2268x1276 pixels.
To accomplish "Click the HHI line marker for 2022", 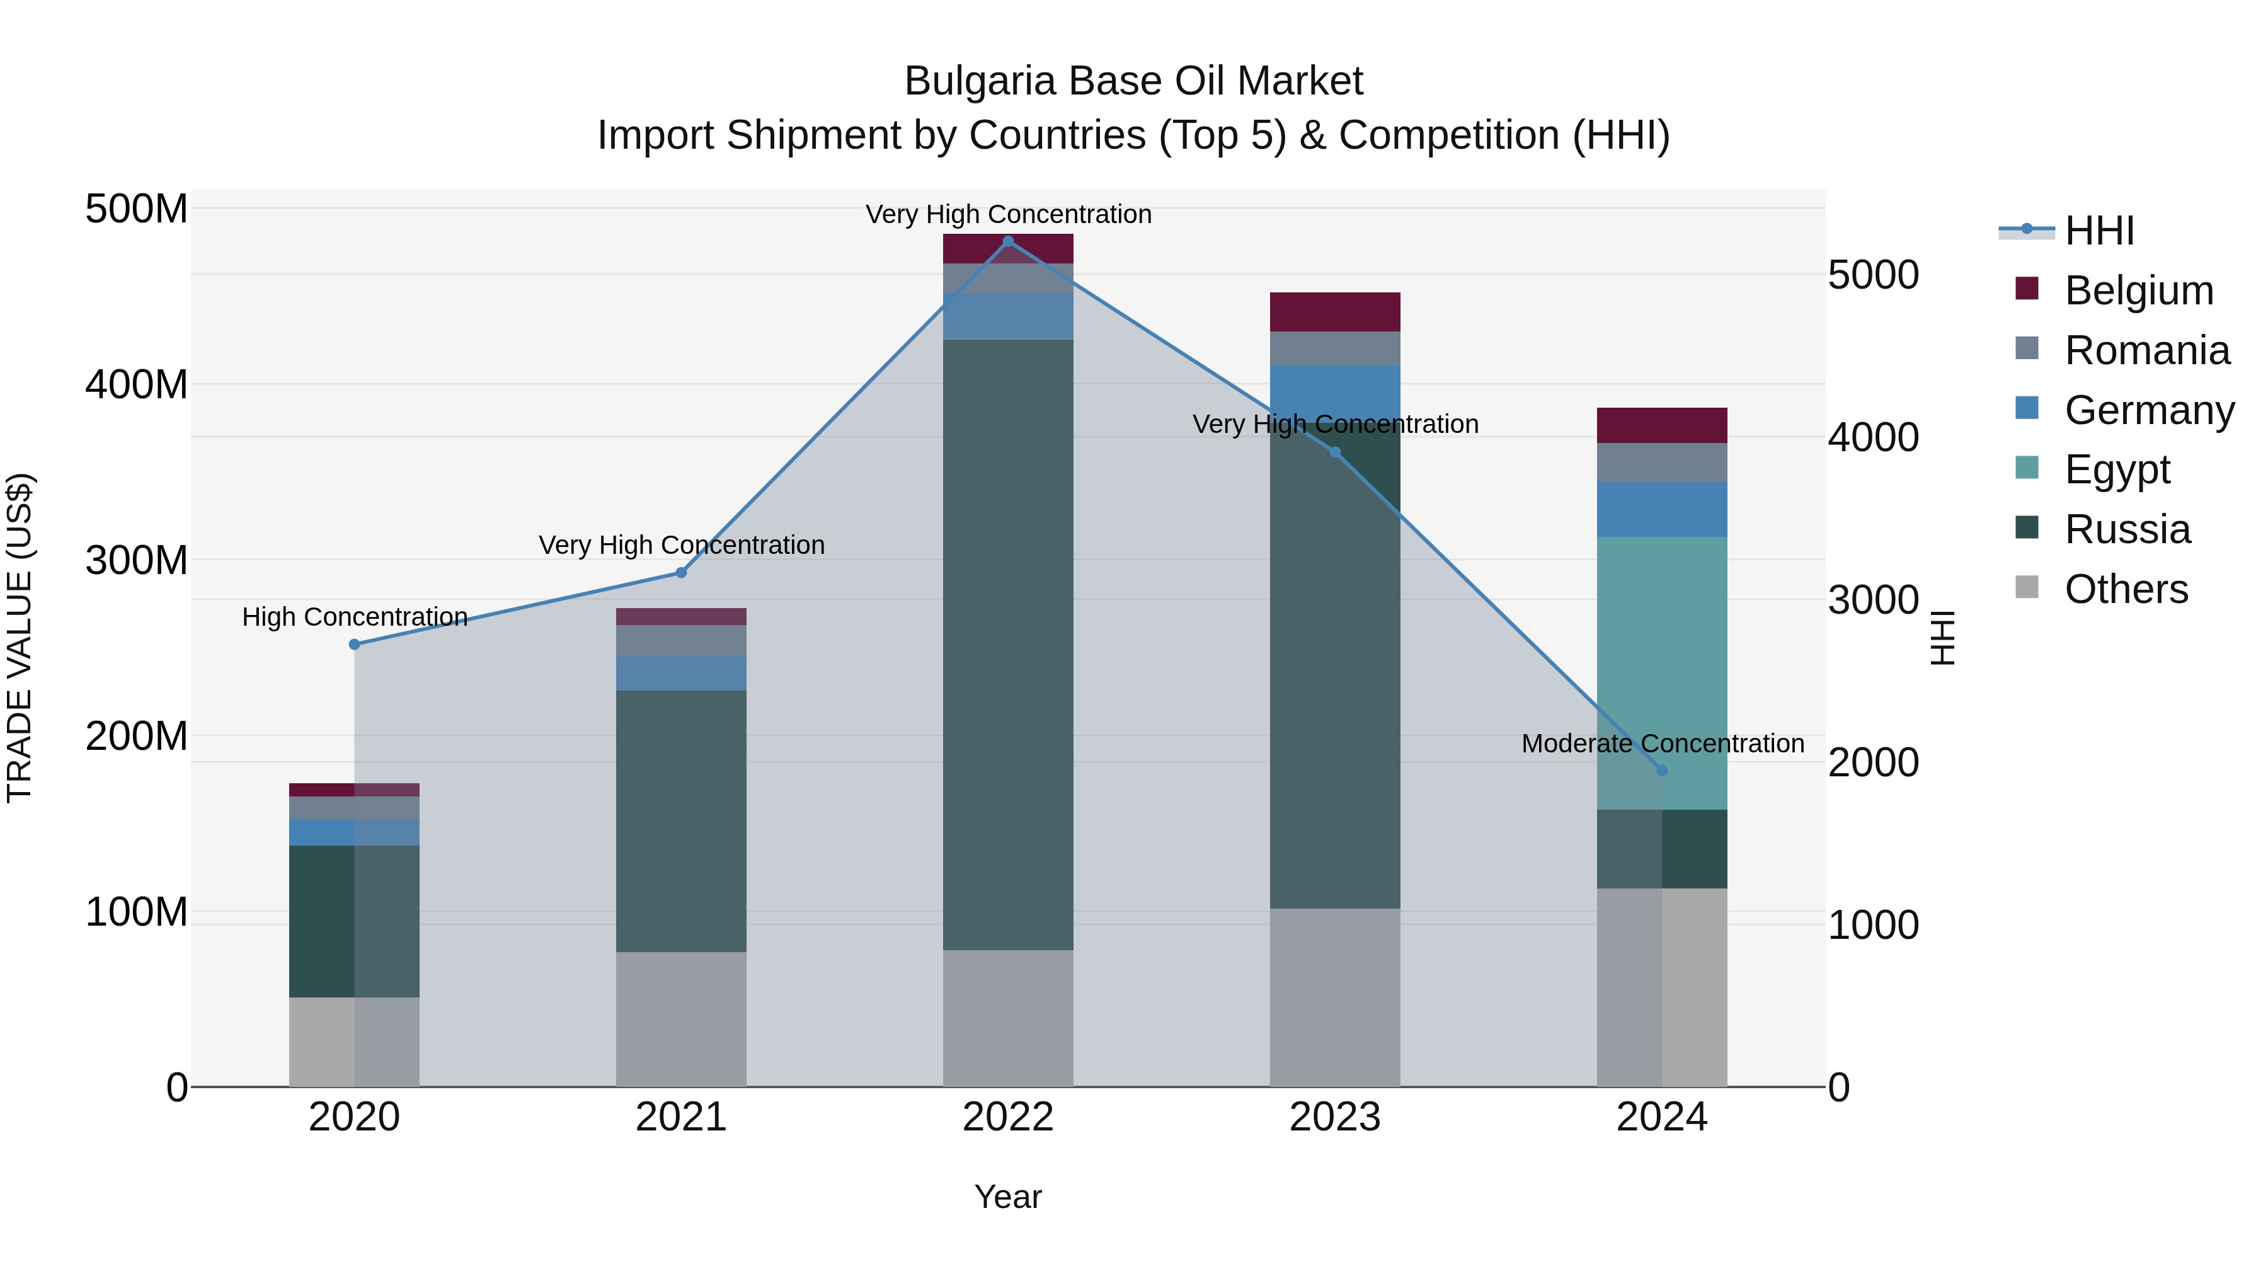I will click(1008, 241).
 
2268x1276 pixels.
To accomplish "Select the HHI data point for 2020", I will click(354, 645).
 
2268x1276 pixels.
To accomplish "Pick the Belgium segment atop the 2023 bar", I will click(1335, 312).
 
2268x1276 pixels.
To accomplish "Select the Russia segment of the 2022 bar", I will click(1008, 643).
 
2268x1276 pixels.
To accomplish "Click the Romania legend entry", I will click(2146, 350).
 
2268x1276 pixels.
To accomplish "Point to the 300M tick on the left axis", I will click(137, 560).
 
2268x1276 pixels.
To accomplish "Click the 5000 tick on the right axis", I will click(1873, 275).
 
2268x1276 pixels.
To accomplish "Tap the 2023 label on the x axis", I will click(1335, 1117).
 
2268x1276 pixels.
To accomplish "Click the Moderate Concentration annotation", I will click(1663, 744).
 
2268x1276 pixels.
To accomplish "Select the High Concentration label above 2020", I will click(354, 616).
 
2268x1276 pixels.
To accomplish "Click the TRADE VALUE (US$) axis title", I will click(20, 638).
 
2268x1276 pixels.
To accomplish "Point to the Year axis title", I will click(1008, 1197).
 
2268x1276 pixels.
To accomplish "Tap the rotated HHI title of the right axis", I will click(1942, 638).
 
